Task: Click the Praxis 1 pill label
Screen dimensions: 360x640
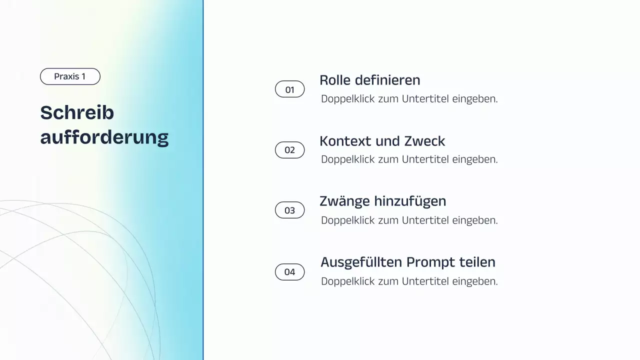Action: coord(70,76)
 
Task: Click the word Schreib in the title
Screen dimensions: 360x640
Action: coord(77,113)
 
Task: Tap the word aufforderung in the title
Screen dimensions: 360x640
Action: coord(104,137)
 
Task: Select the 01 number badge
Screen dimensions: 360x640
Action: coord(290,89)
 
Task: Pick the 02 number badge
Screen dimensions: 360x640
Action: coord(290,150)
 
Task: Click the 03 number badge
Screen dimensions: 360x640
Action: coord(290,210)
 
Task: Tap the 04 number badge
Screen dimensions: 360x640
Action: coord(290,272)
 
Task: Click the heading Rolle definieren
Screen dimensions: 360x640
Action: coord(369,80)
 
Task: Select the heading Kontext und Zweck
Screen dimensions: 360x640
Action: coord(382,141)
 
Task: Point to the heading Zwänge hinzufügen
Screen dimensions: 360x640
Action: coord(382,201)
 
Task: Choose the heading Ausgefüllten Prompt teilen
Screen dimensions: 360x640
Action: coord(407,262)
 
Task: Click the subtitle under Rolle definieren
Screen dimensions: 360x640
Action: coord(409,99)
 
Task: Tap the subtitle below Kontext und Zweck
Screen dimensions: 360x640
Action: coord(409,159)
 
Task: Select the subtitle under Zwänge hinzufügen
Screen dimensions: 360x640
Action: coord(409,220)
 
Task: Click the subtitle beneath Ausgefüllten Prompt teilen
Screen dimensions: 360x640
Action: coord(409,281)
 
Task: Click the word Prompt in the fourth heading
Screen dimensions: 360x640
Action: coord(429,262)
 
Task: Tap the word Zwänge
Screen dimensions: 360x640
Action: coord(344,201)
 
